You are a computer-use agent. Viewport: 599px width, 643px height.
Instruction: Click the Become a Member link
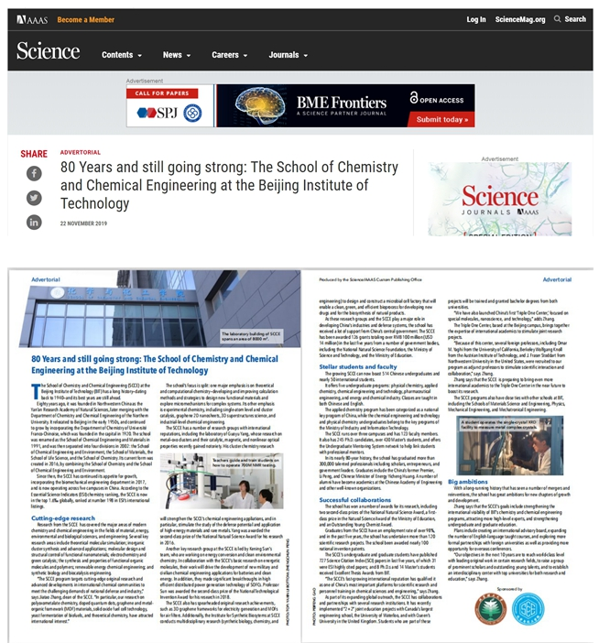(x=86, y=19)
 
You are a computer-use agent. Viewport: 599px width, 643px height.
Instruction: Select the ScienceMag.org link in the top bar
(x=519, y=19)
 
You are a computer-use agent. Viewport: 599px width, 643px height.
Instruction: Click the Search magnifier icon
(x=557, y=19)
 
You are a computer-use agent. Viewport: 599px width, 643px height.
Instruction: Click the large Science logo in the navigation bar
(x=48, y=53)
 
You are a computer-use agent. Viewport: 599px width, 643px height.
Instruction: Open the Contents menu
(x=121, y=55)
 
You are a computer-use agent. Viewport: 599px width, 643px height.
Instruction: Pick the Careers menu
(x=229, y=55)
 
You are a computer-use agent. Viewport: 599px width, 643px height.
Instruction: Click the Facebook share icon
(x=34, y=173)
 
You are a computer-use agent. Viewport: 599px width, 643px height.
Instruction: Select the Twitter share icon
(x=34, y=197)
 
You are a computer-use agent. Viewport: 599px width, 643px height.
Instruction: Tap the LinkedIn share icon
(x=34, y=222)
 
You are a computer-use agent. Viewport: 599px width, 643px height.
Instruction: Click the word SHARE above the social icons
(x=34, y=154)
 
